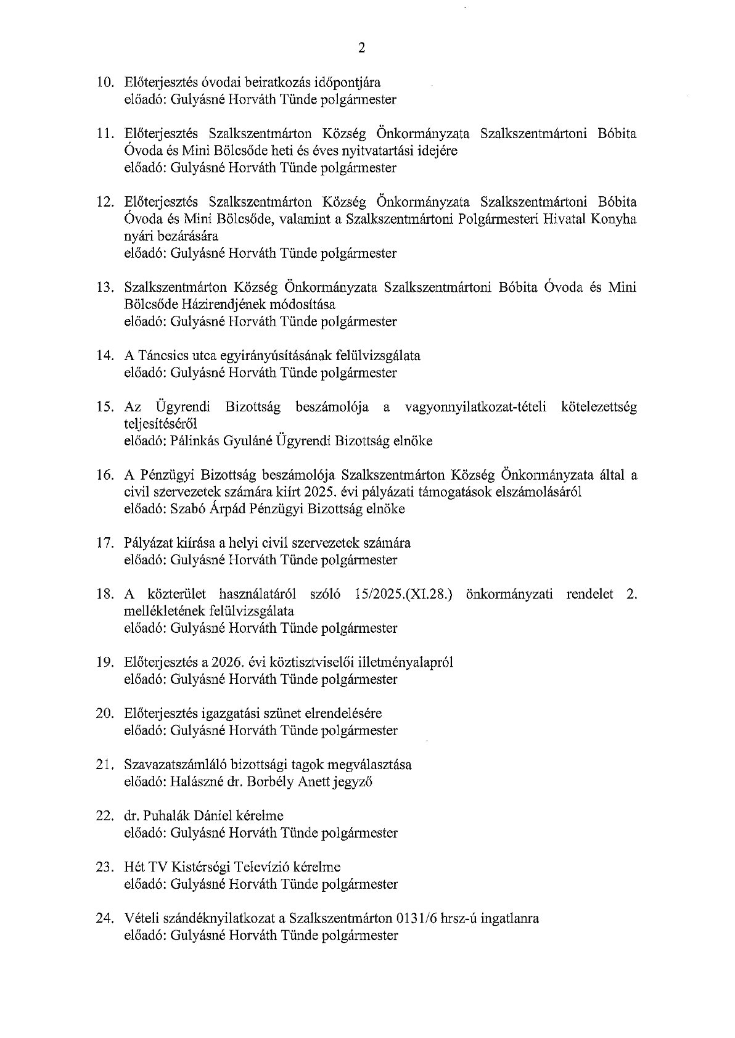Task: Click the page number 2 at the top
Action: [361, 48]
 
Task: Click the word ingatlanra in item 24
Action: [509, 918]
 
